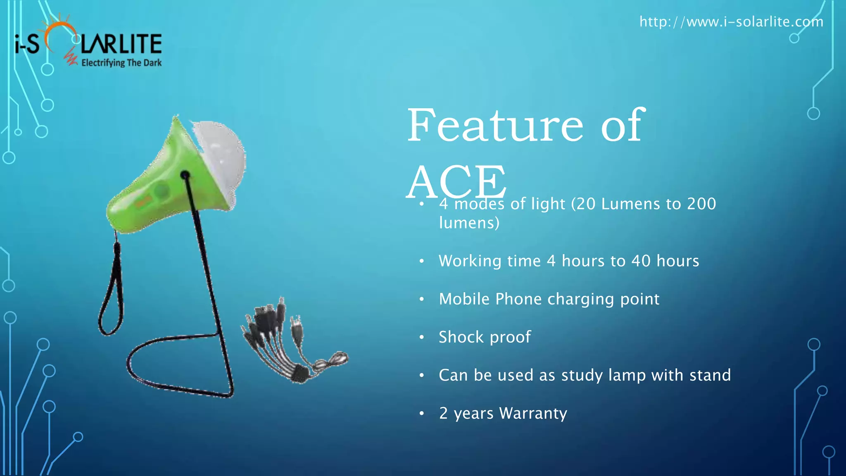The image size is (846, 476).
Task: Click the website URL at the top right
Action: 731,21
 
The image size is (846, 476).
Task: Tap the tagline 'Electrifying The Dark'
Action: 121,63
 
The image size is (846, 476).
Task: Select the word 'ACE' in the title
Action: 457,182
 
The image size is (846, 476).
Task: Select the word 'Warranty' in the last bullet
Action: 533,413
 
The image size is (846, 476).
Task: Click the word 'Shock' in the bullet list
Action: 461,337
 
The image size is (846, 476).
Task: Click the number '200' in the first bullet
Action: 701,204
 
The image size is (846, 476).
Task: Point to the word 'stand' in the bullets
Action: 710,375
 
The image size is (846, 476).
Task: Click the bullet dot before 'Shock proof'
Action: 422,338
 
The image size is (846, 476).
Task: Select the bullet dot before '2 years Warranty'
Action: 422,414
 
